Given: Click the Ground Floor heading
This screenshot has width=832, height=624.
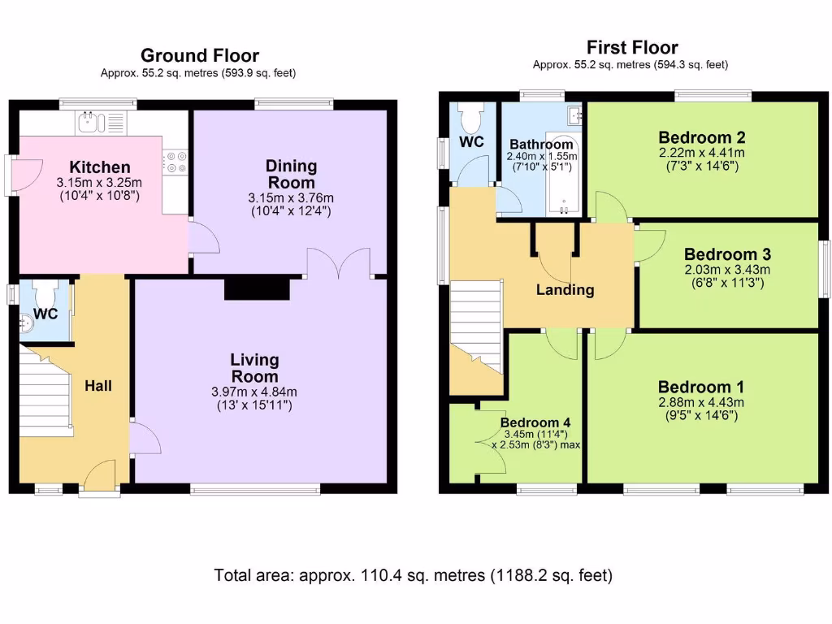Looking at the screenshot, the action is [200, 55].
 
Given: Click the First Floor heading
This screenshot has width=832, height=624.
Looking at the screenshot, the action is [632, 48].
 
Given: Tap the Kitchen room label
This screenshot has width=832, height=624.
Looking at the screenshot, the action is [100, 167].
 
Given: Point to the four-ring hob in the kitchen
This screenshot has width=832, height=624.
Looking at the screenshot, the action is [175, 162].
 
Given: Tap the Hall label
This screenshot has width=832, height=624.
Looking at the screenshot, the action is [98, 386].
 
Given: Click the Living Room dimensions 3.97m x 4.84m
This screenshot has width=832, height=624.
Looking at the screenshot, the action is [254, 392].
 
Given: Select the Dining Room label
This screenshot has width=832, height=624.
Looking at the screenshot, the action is [292, 174].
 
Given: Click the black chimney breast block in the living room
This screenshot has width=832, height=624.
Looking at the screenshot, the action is [258, 288].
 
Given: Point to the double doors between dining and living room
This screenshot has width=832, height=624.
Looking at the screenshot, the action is [339, 262].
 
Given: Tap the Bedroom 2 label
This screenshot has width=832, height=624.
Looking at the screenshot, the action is [701, 137].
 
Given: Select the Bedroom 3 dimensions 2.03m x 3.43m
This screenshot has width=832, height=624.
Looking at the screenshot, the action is [727, 270].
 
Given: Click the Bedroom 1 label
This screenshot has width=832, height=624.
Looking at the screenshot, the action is [701, 387].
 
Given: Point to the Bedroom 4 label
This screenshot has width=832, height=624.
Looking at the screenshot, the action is [535, 422].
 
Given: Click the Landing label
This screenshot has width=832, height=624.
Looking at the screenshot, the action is [565, 290].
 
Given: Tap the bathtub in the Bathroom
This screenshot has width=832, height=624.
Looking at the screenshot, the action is [564, 174].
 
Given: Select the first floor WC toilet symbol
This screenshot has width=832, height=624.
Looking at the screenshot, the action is [472, 117].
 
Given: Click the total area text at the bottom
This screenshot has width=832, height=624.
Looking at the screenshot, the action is [414, 575].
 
